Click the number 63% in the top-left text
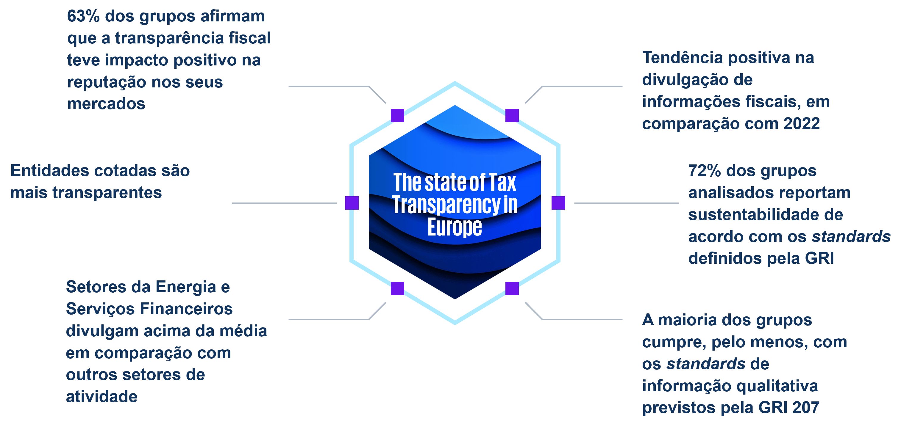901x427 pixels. pyautogui.click(x=83, y=16)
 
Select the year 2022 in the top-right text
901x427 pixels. pyautogui.click(x=801, y=124)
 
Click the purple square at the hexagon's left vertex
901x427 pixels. pyautogui.click(x=352, y=203)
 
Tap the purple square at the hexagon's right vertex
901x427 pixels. pyautogui.click(x=558, y=203)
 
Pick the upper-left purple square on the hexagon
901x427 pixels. pyautogui.click(x=397, y=116)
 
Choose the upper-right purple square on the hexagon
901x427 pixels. pyautogui.click(x=512, y=116)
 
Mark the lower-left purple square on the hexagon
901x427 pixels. pyautogui.click(x=397, y=289)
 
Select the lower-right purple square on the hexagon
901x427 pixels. pyautogui.click(x=512, y=289)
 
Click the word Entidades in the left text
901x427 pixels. pyautogui.click(x=49, y=171)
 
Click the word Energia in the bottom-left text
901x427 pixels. pyautogui.click(x=185, y=287)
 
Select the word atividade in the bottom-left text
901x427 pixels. pyautogui.click(x=102, y=397)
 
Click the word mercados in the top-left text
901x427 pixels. pyautogui.click(x=106, y=104)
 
